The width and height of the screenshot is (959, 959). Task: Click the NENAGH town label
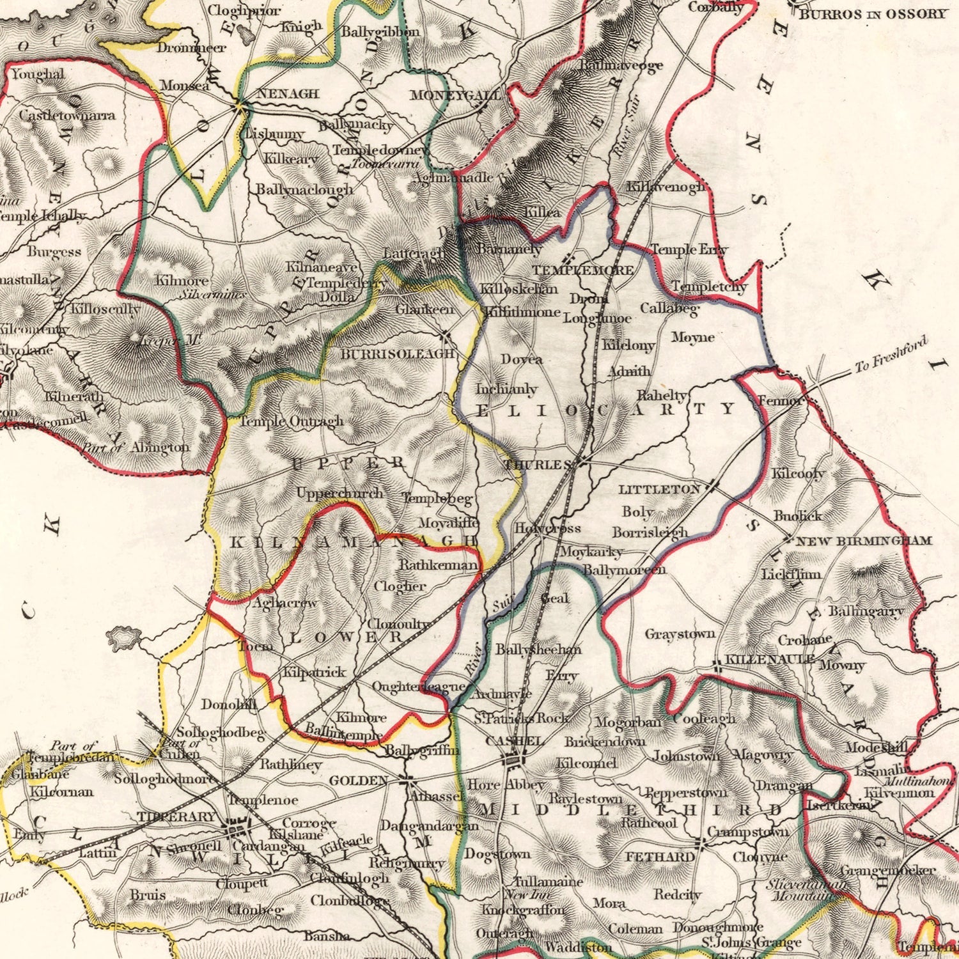tap(287, 94)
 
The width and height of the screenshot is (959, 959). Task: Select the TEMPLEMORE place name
tap(583, 270)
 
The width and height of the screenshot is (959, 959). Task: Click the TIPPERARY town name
tap(176, 816)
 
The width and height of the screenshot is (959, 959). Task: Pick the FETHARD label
tap(659, 857)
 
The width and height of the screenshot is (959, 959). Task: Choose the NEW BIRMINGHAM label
tap(863, 541)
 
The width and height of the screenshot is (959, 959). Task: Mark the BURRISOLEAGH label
tap(397, 354)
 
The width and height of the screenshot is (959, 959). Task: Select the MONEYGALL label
tap(455, 95)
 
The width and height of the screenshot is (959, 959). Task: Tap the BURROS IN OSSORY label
tap(872, 14)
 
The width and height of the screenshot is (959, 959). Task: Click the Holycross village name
tap(547, 528)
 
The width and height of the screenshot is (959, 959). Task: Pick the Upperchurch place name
tap(339, 493)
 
